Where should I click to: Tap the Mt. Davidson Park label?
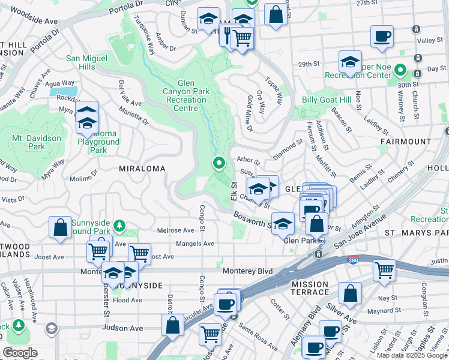[x=37, y=142]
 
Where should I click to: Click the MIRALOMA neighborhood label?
[x=142, y=169]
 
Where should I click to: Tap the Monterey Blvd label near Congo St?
[x=247, y=271]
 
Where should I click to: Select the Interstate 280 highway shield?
[x=352, y=260]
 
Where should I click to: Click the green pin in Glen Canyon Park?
[x=220, y=163]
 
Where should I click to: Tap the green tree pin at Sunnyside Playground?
[x=120, y=225]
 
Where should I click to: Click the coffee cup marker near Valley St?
[x=382, y=37]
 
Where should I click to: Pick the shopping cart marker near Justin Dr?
[x=384, y=269]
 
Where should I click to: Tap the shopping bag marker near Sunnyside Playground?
[x=60, y=227]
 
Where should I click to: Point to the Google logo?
[x=20, y=353]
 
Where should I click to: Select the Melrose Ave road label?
[x=175, y=230]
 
